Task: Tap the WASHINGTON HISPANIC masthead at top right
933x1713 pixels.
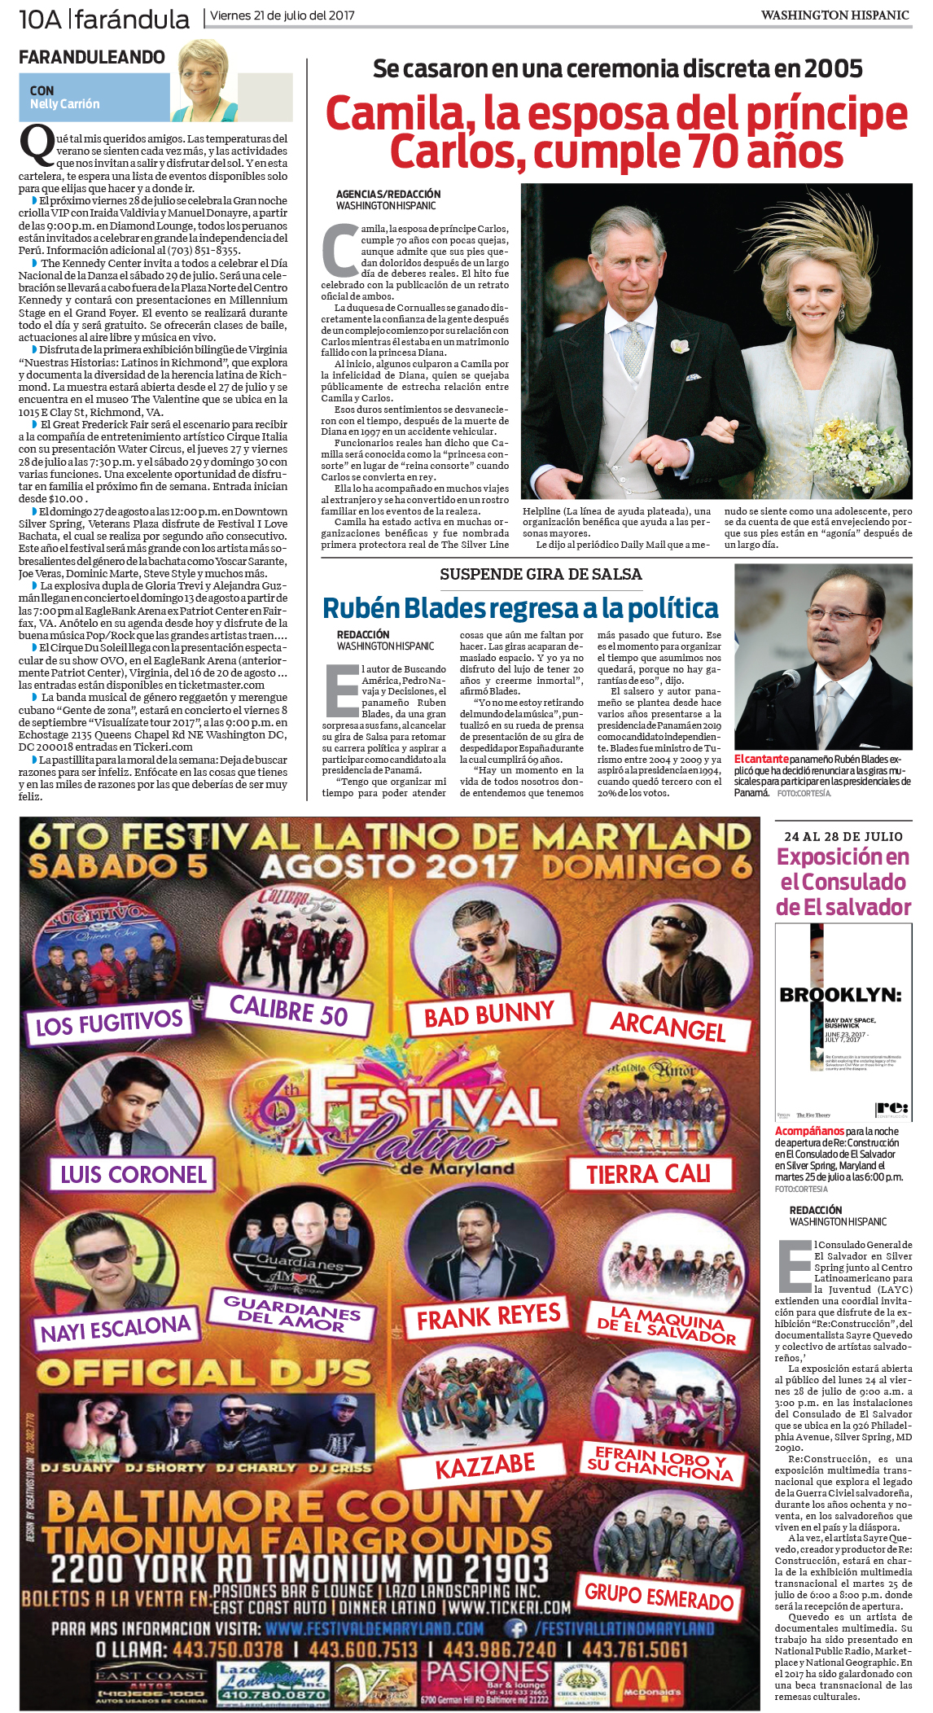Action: (834, 15)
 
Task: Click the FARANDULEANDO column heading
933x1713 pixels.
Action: (91, 57)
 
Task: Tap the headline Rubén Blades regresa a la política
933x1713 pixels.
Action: (520, 608)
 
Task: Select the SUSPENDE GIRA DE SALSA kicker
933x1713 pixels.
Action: (541, 574)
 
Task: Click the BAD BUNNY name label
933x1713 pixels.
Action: (488, 1015)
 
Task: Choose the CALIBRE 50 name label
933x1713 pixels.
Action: (288, 1010)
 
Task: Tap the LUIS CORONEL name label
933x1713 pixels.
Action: (134, 1174)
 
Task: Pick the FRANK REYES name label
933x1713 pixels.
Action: (488, 1317)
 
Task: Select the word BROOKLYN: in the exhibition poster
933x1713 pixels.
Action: (840, 995)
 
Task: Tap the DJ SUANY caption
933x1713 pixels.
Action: (77, 1467)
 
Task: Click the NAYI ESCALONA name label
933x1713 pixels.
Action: (116, 1329)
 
